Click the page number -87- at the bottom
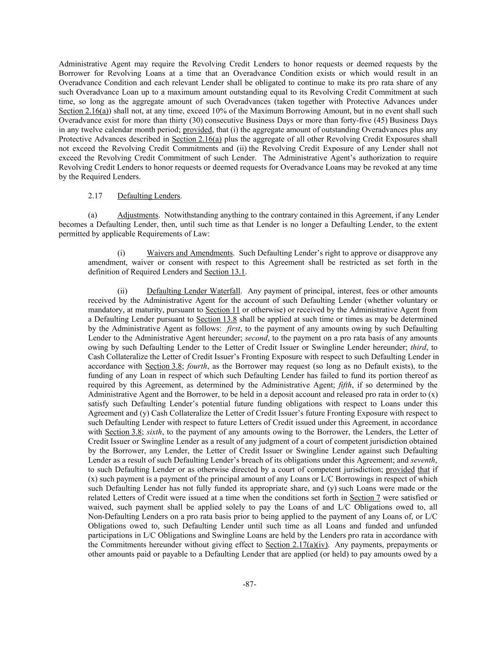coord(249,584)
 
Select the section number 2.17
coord(95,196)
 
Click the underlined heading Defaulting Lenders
coord(149,196)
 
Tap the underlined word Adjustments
coord(138,215)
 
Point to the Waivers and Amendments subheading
coord(190,253)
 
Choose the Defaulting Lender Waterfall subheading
coord(193,291)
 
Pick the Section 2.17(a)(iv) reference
coord(296,545)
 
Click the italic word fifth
coord(345,385)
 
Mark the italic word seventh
coord(423,460)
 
